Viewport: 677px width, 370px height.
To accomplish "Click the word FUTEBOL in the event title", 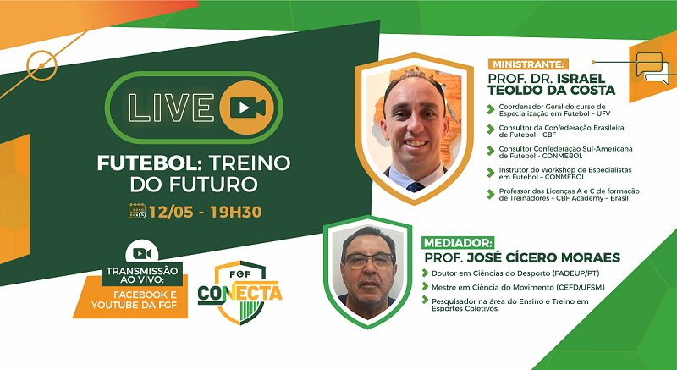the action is click(x=146, y=163).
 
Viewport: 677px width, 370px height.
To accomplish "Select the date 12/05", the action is click(x=171, y=212).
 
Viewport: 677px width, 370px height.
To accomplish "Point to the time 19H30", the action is click(x=236, y=212).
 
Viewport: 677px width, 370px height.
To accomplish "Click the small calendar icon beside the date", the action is click(x=137, y=211).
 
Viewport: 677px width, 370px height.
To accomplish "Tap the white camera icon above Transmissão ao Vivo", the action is click(x=141, y=253).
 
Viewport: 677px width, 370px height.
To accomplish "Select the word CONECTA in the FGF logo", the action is click(x=240, y=294).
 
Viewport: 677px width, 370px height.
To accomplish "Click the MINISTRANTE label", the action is click(x=528, y=64).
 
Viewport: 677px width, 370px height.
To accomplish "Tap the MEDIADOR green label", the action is click(x=459, y=243).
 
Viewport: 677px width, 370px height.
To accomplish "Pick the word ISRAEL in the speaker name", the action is click(x=581, y=79).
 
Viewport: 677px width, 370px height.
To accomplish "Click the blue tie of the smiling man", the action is click(x=415, y=187).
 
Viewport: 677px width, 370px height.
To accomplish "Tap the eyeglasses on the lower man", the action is click(x=368, y=260).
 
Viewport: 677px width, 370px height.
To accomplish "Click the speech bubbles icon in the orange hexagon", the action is click(x=652, y=68).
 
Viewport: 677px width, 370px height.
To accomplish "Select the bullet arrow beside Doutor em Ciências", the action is click(x=426, y=273).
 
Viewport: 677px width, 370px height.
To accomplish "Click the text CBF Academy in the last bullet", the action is click(x=578, y=199).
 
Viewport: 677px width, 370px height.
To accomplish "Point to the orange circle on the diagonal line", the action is click(x=41, y=66).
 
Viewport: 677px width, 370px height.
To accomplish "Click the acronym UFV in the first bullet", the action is click(x=603, y=113).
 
